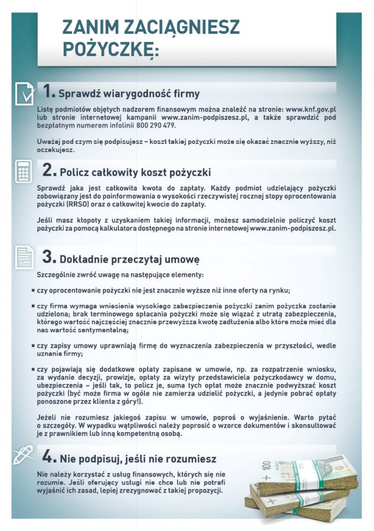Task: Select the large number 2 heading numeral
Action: click(50, 171)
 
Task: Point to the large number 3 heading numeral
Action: click(50, 258)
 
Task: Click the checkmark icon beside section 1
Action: click(24, 93)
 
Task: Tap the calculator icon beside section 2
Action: click(24, 171)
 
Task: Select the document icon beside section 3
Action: click(24, 257)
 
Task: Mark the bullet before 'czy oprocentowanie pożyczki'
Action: click(33, 291)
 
